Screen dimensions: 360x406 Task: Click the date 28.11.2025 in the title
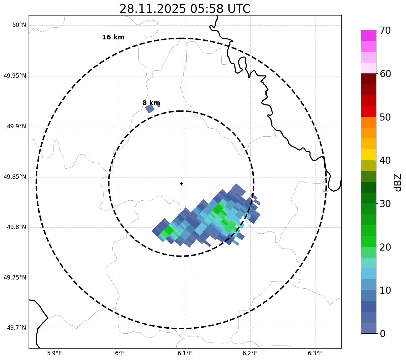pos(152,9)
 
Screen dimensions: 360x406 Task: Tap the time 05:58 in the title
pos(204,9)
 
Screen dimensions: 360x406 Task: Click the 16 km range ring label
pos(113,37)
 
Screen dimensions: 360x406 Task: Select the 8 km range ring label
pos(151,103)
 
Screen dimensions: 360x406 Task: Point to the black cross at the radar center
pos(181,184)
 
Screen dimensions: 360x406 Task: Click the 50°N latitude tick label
pos(19,25)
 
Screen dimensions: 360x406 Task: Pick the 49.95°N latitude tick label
pos(15,76)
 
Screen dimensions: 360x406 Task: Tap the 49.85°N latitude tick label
pos(15,177)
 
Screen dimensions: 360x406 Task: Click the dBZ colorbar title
pos(398,182)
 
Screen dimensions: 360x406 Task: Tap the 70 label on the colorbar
pos(385,31)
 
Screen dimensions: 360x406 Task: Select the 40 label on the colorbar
pos(385,160)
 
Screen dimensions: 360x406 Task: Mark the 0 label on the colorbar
pos(383,334)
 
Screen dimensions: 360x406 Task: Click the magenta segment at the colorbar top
pos(368,35)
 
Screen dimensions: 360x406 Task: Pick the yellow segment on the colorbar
pos(368,155)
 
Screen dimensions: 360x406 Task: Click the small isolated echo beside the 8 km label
pos(150,108)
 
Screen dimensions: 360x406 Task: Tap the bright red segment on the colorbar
pos(368,111)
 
